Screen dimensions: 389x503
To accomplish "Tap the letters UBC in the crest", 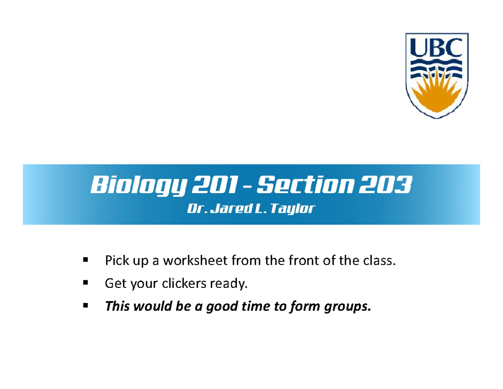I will pyautogui.click(x=435, y=48).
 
